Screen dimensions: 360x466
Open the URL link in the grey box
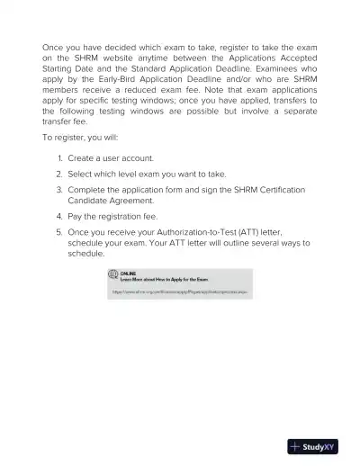(180, 292)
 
